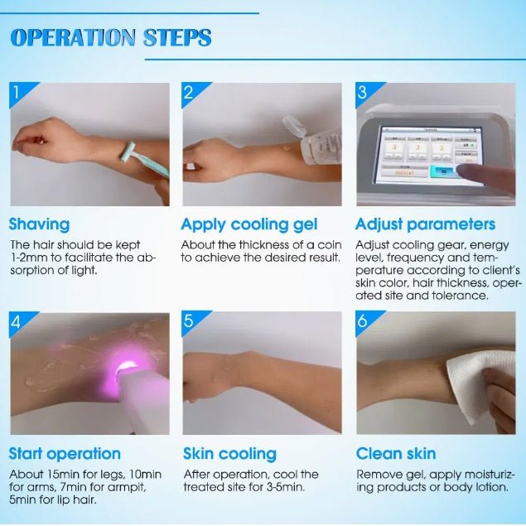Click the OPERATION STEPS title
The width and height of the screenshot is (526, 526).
(111, 37)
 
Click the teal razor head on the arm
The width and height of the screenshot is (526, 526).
(128, 152)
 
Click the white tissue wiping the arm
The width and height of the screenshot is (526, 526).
(480, 386)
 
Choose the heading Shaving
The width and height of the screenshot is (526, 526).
(39, 224)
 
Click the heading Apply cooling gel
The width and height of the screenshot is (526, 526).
(249, 224)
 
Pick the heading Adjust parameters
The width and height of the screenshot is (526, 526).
(425, 224)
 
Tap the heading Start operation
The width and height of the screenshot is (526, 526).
(65, 454)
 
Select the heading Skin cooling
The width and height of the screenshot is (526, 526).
(229, 454)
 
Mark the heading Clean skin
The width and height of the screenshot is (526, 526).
(396, 454)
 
